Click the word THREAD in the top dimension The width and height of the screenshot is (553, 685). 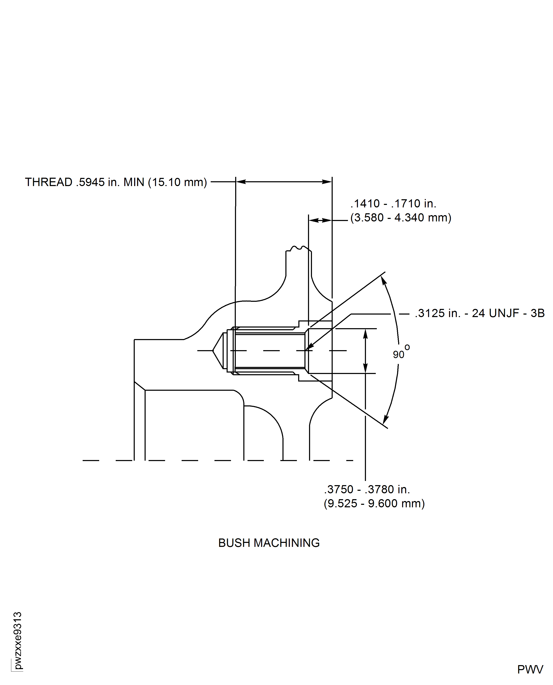coord(48,182)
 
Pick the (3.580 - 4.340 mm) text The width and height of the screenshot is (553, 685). coord(401,218)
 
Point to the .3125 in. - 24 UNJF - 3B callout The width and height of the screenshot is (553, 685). coord(479,313)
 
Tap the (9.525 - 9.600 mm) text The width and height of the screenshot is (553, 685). coord(374,503)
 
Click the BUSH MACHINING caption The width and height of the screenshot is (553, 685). coord(269,543)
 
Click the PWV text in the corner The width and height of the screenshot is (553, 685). coord(530,669)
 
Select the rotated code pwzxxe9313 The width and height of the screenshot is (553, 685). coord(18,640)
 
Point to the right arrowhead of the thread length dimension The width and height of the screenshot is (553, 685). coord(327,182)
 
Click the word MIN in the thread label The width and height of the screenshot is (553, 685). coord(134,182)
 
